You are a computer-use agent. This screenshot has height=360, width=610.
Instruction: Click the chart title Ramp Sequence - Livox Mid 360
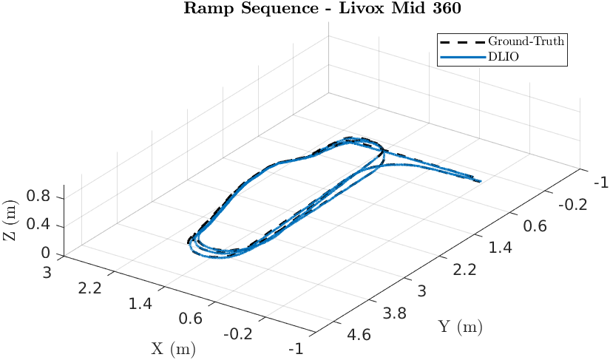[x=305, y=8]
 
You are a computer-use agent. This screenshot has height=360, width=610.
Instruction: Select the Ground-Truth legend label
[x=526, y=41]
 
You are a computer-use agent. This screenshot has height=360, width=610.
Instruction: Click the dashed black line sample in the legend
[x=461, y=41]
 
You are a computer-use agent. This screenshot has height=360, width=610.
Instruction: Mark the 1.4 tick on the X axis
[x=143, y=304]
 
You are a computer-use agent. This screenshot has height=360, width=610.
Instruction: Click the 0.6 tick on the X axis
[x=192, y=319]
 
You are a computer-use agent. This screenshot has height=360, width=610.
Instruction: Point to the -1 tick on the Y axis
[x=600, y=183]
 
